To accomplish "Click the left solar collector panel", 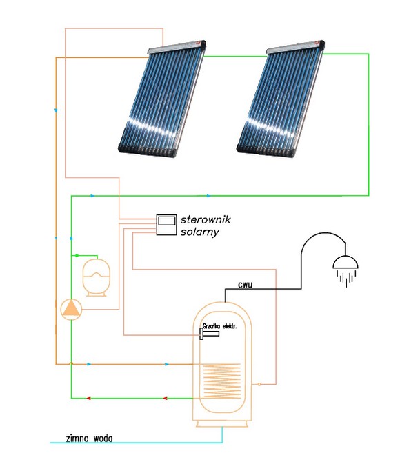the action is [x=162, y=99].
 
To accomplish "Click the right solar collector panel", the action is [x=281, y=99].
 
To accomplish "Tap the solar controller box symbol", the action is [x=166, y=225].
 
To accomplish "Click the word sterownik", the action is [x=206, y=219].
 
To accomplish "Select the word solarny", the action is [x=200, y=232].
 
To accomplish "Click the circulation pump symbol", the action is [x=71, y=310].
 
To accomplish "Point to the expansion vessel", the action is [x=97, y=277].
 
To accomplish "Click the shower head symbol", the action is [x=346, y=271].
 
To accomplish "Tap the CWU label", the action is [x=245, y=285].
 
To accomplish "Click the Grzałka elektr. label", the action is [x=219, y=326].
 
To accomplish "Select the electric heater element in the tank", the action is [x=209, y=334].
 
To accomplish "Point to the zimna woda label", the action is [x=89, y=439].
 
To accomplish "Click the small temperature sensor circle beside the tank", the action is [x=259, y=384].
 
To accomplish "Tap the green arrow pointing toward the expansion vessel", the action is [x=77, y=255].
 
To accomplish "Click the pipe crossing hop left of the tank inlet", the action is [x=71, y=363].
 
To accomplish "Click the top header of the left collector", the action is [x=177, y=47].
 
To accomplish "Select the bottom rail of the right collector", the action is [x=266, y=150].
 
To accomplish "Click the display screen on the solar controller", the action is [x=166, y=220].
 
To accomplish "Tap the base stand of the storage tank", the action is [x=222, y=423].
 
